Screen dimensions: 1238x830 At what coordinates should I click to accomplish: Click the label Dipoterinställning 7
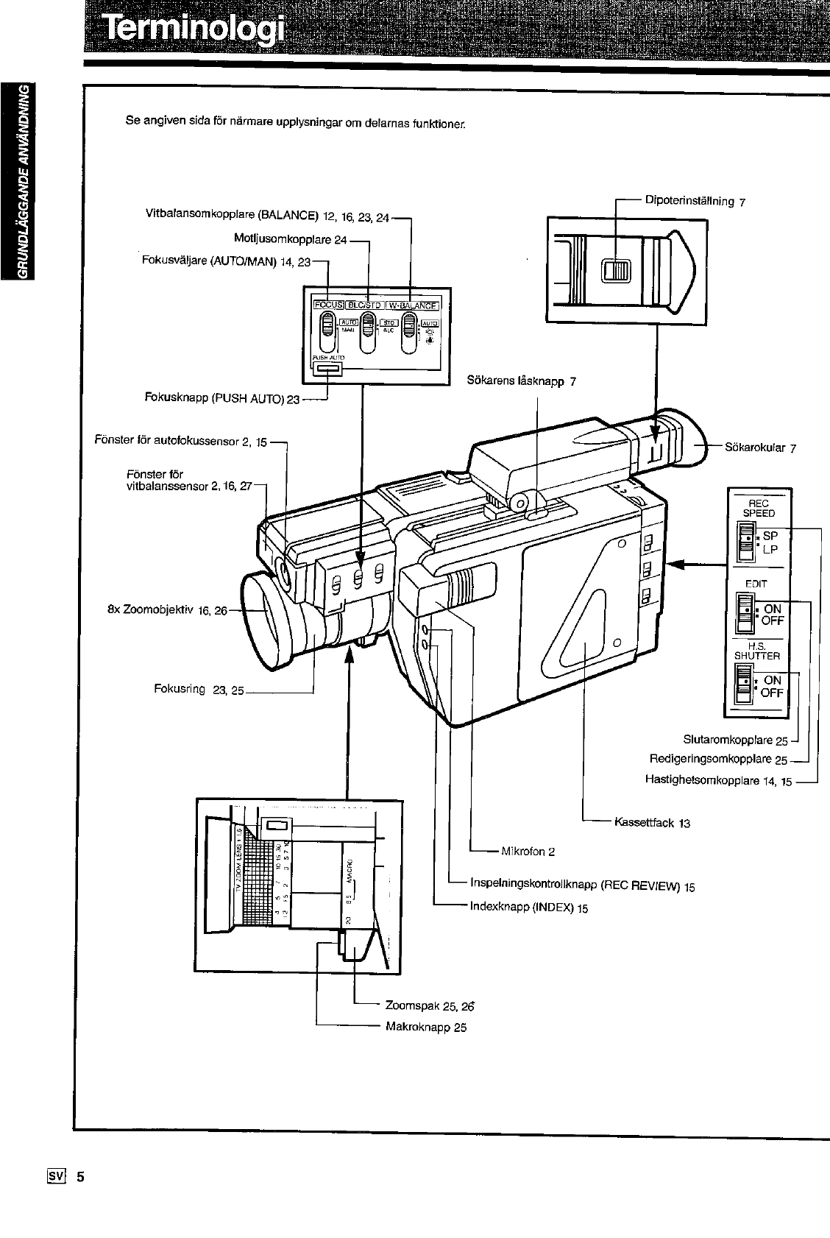click(x=695, y=200)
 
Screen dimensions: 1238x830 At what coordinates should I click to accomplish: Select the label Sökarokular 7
click(x=761, y=447)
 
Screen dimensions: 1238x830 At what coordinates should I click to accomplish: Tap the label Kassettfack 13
click(x=652, y=823)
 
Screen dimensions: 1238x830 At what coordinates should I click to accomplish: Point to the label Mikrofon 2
click(x=528, y=852)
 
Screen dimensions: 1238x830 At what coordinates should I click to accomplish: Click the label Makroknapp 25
click(x=426, y=1027)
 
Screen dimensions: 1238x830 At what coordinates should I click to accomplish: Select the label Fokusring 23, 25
click(x=198, y=690)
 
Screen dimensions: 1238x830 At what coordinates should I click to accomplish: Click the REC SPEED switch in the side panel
click(x=746, y=542)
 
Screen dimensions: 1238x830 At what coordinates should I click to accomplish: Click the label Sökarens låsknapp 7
click(x=521, y=381)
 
